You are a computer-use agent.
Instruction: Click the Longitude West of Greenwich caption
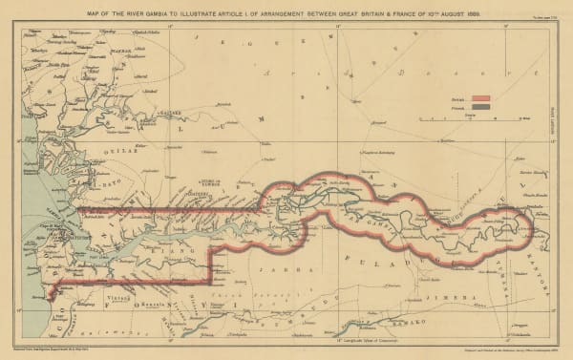point(292,341)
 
